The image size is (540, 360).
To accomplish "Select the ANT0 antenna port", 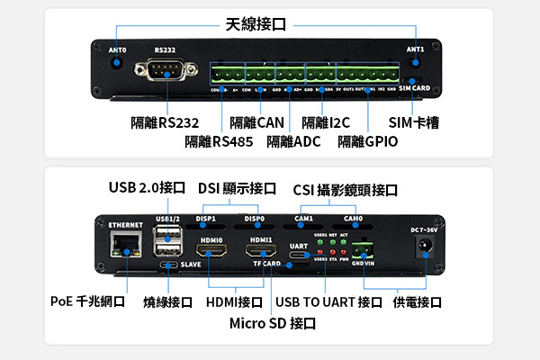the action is tap(118, 63).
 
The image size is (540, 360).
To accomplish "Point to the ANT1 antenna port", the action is tap(416, 63).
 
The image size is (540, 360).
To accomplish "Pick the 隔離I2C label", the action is tap(327, 122).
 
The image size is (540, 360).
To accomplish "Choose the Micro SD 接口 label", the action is tap(273, 322).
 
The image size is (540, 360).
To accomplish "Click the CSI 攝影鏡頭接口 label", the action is tap(346, 190).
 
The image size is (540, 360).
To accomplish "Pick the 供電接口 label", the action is tap(417, 301).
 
